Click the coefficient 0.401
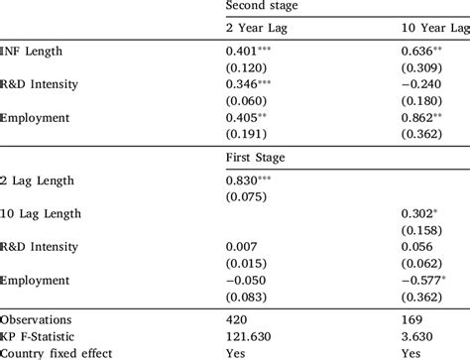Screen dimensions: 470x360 [x=244, y=50]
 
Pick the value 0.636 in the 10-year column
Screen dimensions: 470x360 [x=420, y=50]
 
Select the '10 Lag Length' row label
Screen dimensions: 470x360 [x=42, y=212]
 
